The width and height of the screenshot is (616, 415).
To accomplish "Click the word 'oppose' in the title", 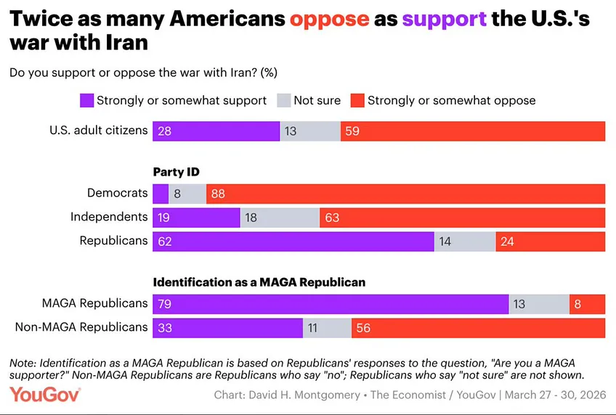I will (x=329, y=18).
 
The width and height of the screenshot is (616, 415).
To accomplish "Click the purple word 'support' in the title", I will (x=442, y=18).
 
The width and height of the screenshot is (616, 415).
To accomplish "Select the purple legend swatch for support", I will (x=86, y=100).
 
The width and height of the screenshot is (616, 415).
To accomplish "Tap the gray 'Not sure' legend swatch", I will (x=284, y=100).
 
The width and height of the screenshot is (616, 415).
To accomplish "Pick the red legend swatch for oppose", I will (x=357, y=100).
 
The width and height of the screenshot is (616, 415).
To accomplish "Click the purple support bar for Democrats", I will (x=161, y=194).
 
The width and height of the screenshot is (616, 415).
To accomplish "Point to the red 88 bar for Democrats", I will (x=405, y=194).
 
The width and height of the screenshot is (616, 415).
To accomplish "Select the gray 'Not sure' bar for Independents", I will (x=280, y=217).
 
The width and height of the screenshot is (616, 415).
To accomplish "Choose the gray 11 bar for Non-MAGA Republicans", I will (x=327, y=327).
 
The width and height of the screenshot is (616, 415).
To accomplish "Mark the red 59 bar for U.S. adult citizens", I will (x=472, y=131).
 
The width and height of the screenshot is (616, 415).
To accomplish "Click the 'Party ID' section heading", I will (x=176, y=172).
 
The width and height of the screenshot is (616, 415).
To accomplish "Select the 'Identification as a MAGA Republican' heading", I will (x=259, y=282).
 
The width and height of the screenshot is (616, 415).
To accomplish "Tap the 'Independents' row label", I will (x=109, y=217).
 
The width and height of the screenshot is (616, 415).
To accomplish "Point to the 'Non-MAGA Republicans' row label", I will (x=81, y=327).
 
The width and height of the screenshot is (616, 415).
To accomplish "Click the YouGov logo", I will (x=45, y=395).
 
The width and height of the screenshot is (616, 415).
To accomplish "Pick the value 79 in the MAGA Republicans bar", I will (x=164, y=304).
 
